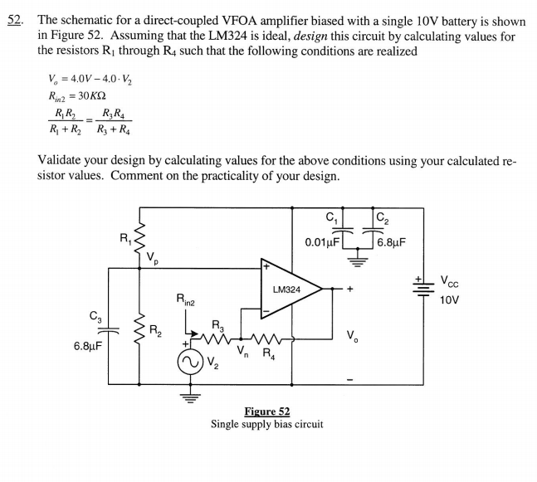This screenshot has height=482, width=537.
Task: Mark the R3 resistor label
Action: pos(218,324)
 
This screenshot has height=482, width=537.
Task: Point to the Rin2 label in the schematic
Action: pos(186,299)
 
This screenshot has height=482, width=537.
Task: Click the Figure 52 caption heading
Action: pos(267,411)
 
